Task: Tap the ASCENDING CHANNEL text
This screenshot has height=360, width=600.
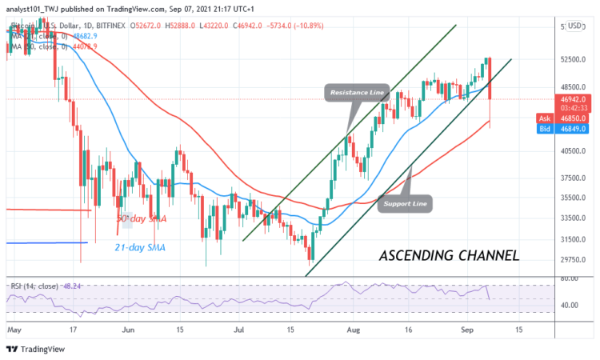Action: (x=449, y=256)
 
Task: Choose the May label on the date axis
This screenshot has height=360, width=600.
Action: (x=14, y=329)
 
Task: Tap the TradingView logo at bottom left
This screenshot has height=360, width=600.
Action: (x=35, y=349)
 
